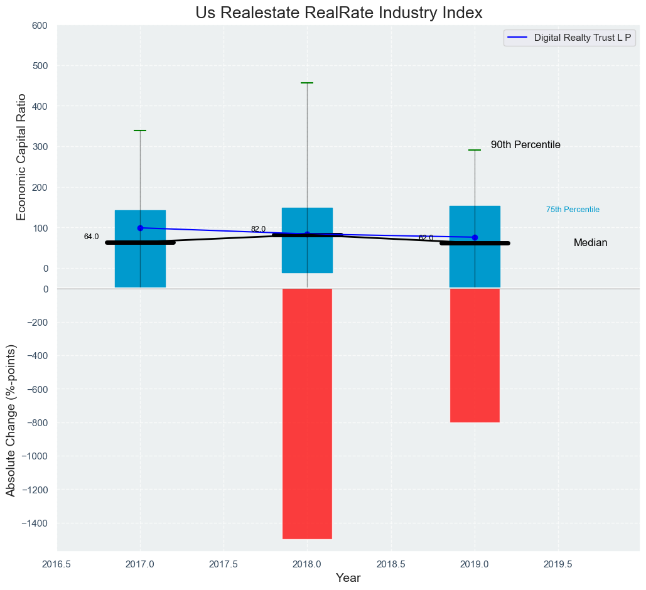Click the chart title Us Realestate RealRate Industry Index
click(x=339, y=13)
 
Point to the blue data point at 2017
click(x=140, y=228)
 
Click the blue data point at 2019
click(x=475, y=237)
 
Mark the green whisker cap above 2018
click(x=307, y=83)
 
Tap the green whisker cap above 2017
click(x=140, y=131)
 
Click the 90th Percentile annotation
click(x=525, y=145)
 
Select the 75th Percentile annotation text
click(x=573, y=210)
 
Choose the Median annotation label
click(x=590, y=243)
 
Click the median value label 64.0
click(x=91, y=237)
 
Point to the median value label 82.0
click(x=258, y=229)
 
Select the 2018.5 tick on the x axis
click(x=390, y=564)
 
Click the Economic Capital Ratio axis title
click(x=21, y=157)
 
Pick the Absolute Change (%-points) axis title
click(x=11, y=420)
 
